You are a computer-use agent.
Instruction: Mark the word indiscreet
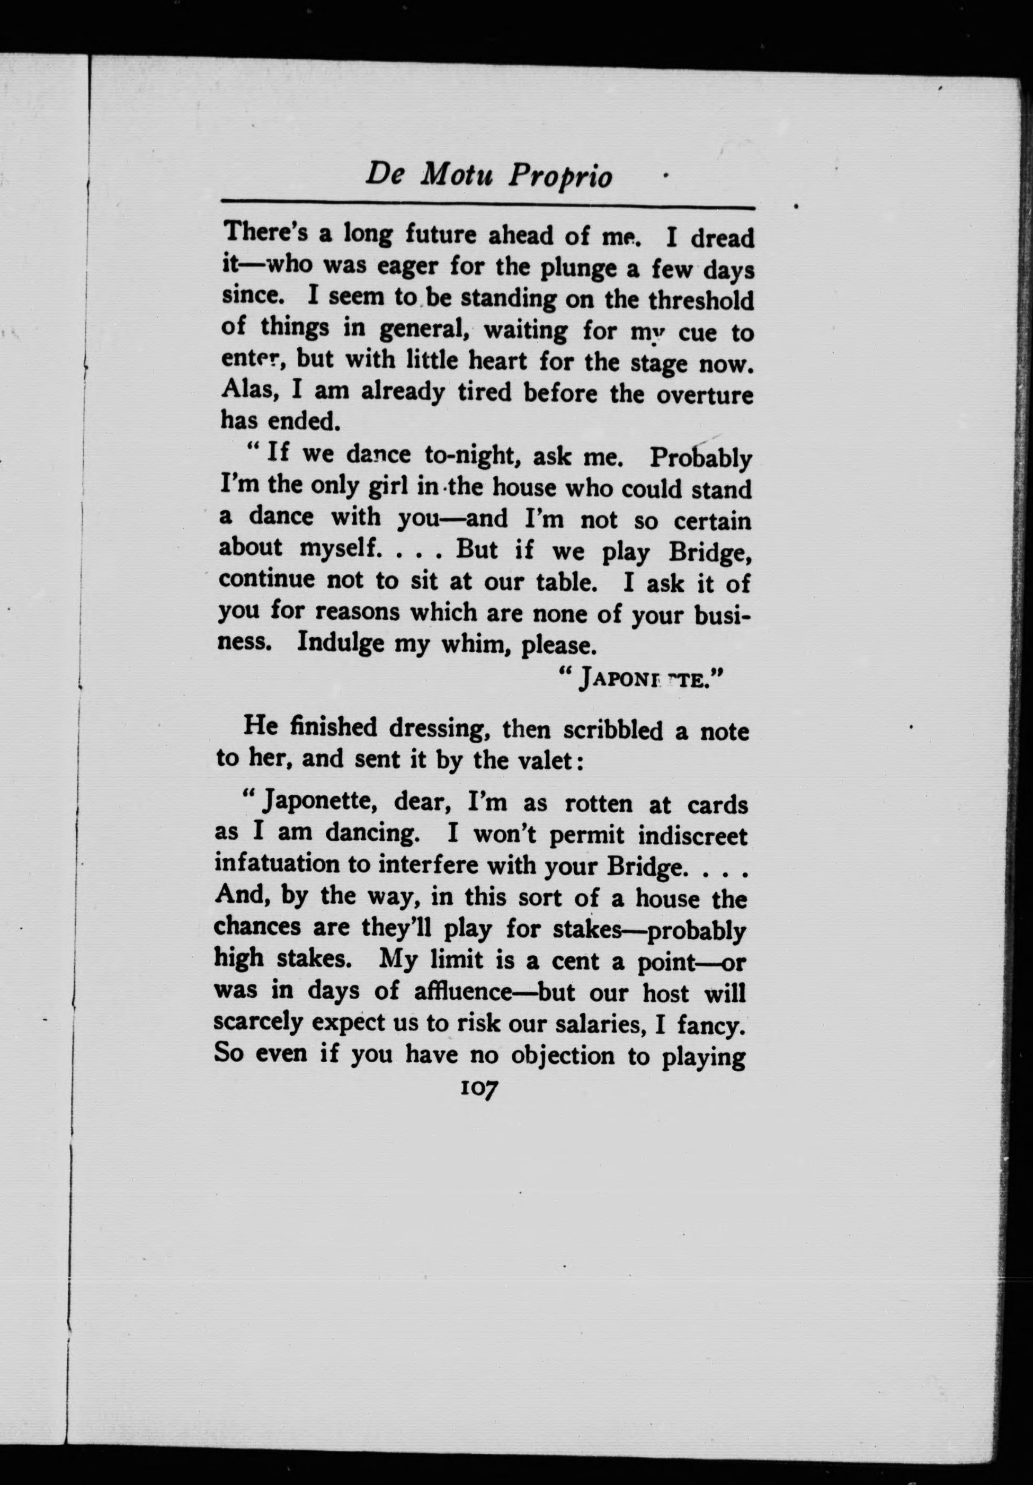coord(692,834)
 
